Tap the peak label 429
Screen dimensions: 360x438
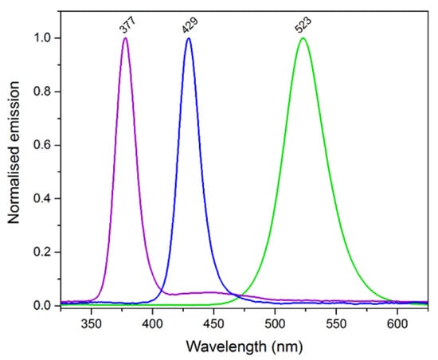(x=190, y=25)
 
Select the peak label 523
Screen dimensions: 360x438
(x=303, y=25)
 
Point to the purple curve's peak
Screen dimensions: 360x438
(x=125, y=38)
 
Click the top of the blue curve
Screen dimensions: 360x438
(x=189, y=38)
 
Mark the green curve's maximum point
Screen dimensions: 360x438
(x=303, y=38)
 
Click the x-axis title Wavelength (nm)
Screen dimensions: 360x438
(x=240, y=347)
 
